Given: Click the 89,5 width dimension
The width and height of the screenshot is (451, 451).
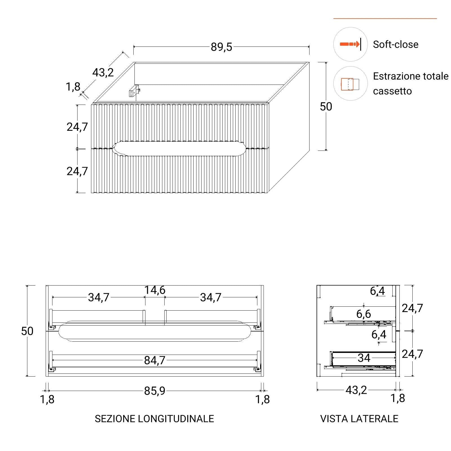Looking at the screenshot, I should click(221, 47).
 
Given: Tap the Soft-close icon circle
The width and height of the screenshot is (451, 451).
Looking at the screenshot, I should click(350, 44).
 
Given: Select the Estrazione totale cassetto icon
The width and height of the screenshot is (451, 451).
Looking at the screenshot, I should click(350, 84).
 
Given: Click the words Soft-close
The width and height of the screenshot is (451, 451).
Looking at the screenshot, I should click(395, 45).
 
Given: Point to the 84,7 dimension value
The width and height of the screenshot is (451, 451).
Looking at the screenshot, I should click(154, 360).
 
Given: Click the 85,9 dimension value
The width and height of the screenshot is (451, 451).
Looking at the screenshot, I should click(154, 391).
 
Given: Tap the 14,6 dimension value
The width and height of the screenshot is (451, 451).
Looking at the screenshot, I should click(155, 290).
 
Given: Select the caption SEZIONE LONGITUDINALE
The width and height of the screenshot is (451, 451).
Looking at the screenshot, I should click(154, 419).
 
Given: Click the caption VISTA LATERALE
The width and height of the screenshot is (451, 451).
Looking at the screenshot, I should click(359, 419).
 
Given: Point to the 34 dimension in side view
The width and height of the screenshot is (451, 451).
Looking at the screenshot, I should click(364, 358).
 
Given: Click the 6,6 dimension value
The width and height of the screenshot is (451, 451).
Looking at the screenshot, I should click(363, 314).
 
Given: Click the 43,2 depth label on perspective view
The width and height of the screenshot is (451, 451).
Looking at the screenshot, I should click(103, 73).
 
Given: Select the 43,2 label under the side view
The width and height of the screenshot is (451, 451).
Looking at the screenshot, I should click(356, 390).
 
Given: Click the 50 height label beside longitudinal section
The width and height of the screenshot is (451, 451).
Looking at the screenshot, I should click(27, 331).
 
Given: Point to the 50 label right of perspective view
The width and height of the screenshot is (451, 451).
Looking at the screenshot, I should click(326, 107).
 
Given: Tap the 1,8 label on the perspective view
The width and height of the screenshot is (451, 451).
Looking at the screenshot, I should click(73, 87).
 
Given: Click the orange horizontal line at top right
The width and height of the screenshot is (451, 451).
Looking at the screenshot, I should click(385, 19).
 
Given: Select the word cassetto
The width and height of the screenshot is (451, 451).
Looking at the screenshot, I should click(392, 91).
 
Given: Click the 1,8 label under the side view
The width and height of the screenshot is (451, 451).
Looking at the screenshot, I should click(397, 398).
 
